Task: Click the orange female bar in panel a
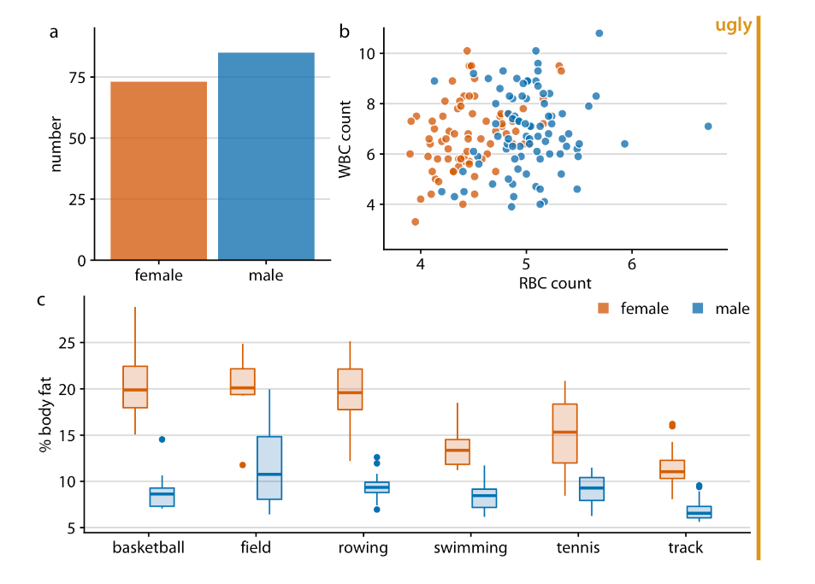(159, 171)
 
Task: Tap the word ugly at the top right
(733, 26)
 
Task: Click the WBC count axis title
(345, 139)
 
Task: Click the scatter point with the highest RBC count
(708, 127)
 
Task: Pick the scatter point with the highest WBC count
(599, 33)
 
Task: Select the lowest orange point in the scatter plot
(416, 221)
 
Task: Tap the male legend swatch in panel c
(698, 309)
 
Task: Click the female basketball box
(135, 387)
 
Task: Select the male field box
(269, 468)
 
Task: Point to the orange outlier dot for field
(243, 465)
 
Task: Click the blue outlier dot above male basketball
(162, 439)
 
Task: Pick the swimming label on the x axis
(470, 548)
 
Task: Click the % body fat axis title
(45, 416)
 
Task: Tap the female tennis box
(564, 434)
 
